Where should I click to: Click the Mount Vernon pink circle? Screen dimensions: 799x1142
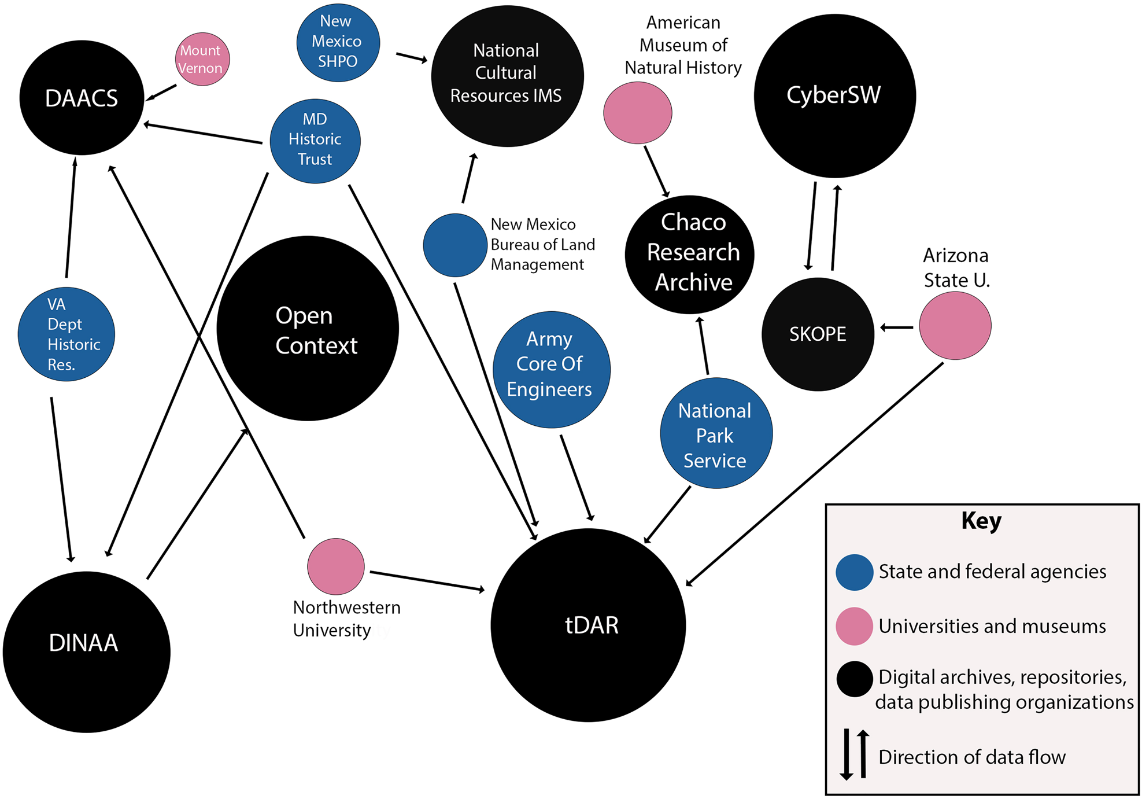202,59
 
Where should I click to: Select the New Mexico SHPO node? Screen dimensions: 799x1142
338,43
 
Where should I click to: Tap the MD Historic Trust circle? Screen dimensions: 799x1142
315,141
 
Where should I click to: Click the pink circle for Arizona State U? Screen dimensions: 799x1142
955,326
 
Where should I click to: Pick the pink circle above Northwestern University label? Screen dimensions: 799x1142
335,566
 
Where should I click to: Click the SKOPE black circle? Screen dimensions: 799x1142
818,334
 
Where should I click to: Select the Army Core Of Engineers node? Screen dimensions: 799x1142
551,369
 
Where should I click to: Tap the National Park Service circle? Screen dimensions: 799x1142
716,433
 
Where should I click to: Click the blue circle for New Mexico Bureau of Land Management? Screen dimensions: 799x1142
454,245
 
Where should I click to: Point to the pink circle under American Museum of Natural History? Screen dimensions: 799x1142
637,113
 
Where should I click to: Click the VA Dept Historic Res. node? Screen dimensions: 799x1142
66,334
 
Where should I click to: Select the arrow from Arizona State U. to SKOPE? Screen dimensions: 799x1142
897,327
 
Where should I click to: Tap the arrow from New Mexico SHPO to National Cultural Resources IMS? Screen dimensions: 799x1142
412,57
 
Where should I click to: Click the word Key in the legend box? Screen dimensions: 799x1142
981,521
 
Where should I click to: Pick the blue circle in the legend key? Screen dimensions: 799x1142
854,572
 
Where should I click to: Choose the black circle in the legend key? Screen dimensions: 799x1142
854,679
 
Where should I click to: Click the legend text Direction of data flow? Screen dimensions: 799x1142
971,757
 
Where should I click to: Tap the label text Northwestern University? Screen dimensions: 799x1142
346,618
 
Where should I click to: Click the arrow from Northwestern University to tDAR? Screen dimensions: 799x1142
427,581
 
